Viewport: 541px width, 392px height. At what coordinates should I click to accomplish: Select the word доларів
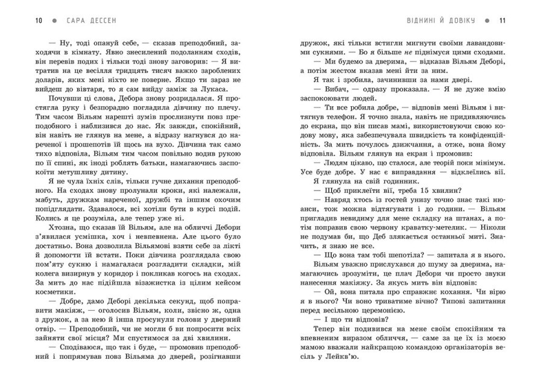[50, 79]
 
